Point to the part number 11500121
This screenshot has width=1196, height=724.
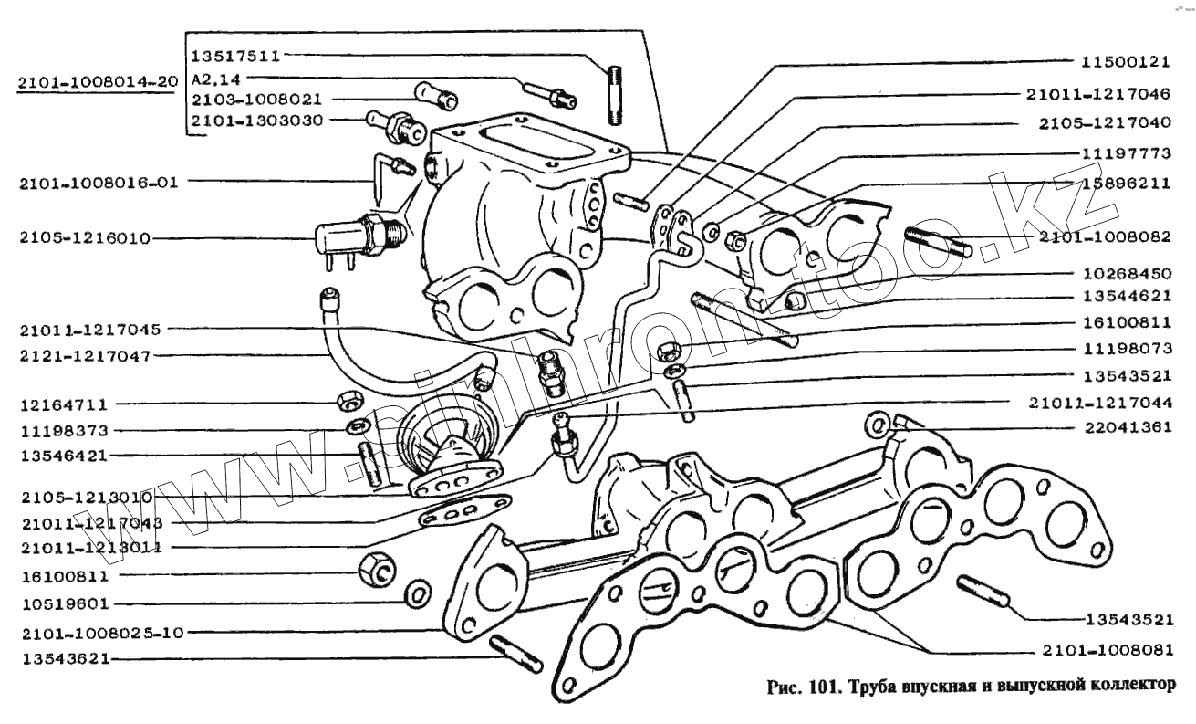coord(1125,63)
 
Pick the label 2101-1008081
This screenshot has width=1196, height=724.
coord(1105,651)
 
